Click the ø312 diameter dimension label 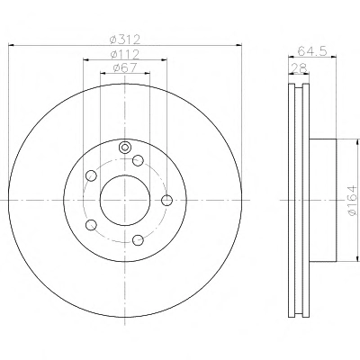point(125,39)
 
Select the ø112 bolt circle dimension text point(125,54)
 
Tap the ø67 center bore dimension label point(125,67)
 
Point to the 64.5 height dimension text point(312,51)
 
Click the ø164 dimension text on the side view point(352,200)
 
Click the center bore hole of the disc point(125,200)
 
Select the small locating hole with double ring point(125,147)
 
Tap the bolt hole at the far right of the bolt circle point(166,200)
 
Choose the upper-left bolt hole point(91,175)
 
